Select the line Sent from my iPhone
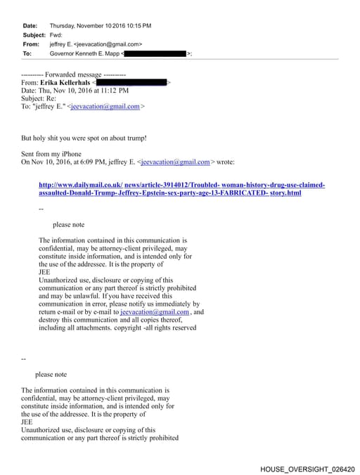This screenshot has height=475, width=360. click(x=51, y=154)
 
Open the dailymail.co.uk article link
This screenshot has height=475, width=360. click(x=181, y=185)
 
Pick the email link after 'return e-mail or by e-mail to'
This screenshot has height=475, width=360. click(x=155, y=312)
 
